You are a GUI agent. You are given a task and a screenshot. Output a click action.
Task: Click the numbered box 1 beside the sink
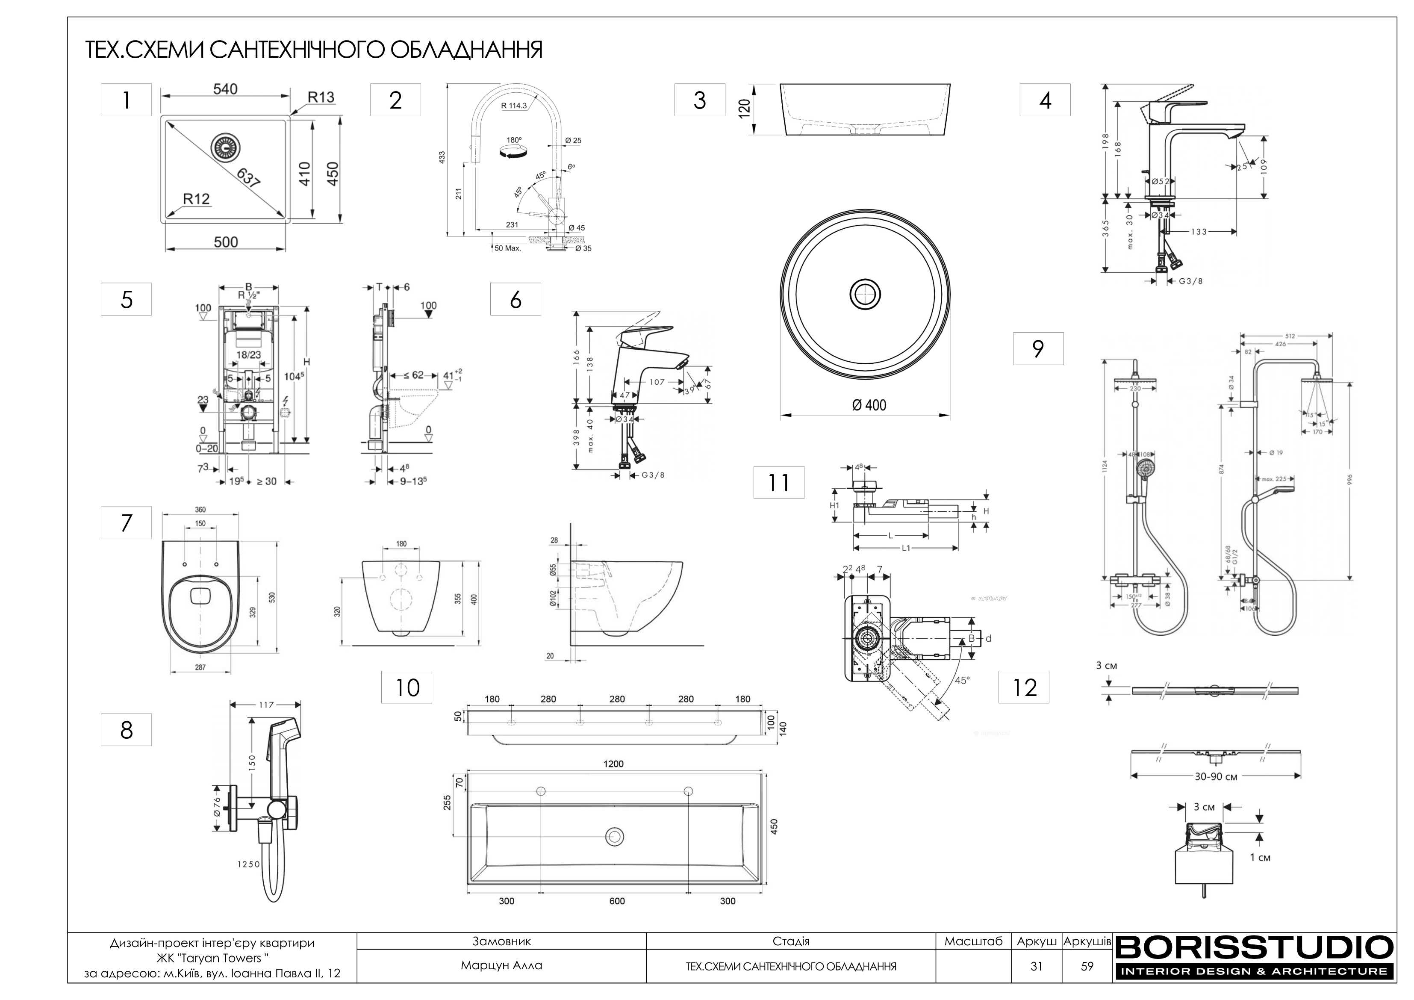(126, 100)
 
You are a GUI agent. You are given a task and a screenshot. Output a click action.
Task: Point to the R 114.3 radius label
(514, 105)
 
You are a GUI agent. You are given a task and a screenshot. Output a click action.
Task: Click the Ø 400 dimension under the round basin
(869, 405)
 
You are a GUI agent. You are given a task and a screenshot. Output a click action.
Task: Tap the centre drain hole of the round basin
(865, 295)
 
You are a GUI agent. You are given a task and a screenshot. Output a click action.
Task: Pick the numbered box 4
(1045, 100)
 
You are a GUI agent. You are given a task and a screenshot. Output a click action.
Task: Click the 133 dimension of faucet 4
(1199, 232)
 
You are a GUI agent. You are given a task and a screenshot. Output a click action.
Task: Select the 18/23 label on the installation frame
(248, 355)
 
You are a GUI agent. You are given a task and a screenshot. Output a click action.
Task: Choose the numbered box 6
(516, 299)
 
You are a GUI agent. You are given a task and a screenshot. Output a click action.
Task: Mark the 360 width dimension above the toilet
(200, 510)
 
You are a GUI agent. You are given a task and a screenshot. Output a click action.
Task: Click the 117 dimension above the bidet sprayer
(265, 705)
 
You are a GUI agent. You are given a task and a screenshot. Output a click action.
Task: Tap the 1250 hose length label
(249, 864)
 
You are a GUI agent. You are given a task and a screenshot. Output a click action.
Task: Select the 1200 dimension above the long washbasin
(613, 764)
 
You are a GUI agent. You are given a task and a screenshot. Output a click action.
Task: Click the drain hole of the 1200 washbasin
(613, 836)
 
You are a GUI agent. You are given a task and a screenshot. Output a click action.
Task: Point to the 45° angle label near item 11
(962, 681)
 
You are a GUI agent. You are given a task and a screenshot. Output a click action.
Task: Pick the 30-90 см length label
(1216, 777)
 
